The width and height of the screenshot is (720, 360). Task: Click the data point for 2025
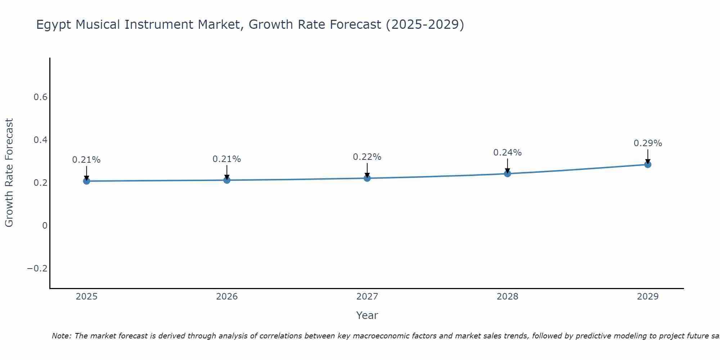[x=86, y=181]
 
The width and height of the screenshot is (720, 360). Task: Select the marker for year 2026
[x=227, y=180]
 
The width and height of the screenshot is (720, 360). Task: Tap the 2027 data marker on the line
[x=367, y=178]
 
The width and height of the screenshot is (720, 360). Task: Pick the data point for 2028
[x=508, y=174]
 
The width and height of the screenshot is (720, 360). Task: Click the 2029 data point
[x=648, y=165]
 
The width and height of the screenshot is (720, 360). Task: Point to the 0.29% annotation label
[x=648, y=143]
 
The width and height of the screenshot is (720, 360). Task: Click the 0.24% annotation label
[x=507, y=153]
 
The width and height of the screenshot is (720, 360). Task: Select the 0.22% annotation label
[x=367, y=157]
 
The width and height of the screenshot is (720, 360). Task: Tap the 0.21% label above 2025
[x=86, y=160]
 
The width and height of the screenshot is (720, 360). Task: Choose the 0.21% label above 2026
[x=227, y=159]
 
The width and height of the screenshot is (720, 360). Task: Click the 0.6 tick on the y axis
[x=40, y=97]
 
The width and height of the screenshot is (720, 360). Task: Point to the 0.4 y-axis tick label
[x=40, y=140]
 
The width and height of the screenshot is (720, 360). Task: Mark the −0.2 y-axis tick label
[x=37, y=269]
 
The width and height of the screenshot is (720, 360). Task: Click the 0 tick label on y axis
[x=45, y=226]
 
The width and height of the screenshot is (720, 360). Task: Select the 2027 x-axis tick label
[x=367, y=297]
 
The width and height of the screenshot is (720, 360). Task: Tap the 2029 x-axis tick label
[x=648, y=297]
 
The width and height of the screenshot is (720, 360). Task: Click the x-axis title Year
[x=367, y=315]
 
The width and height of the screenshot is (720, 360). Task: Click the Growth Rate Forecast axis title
[x=9, y=173]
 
